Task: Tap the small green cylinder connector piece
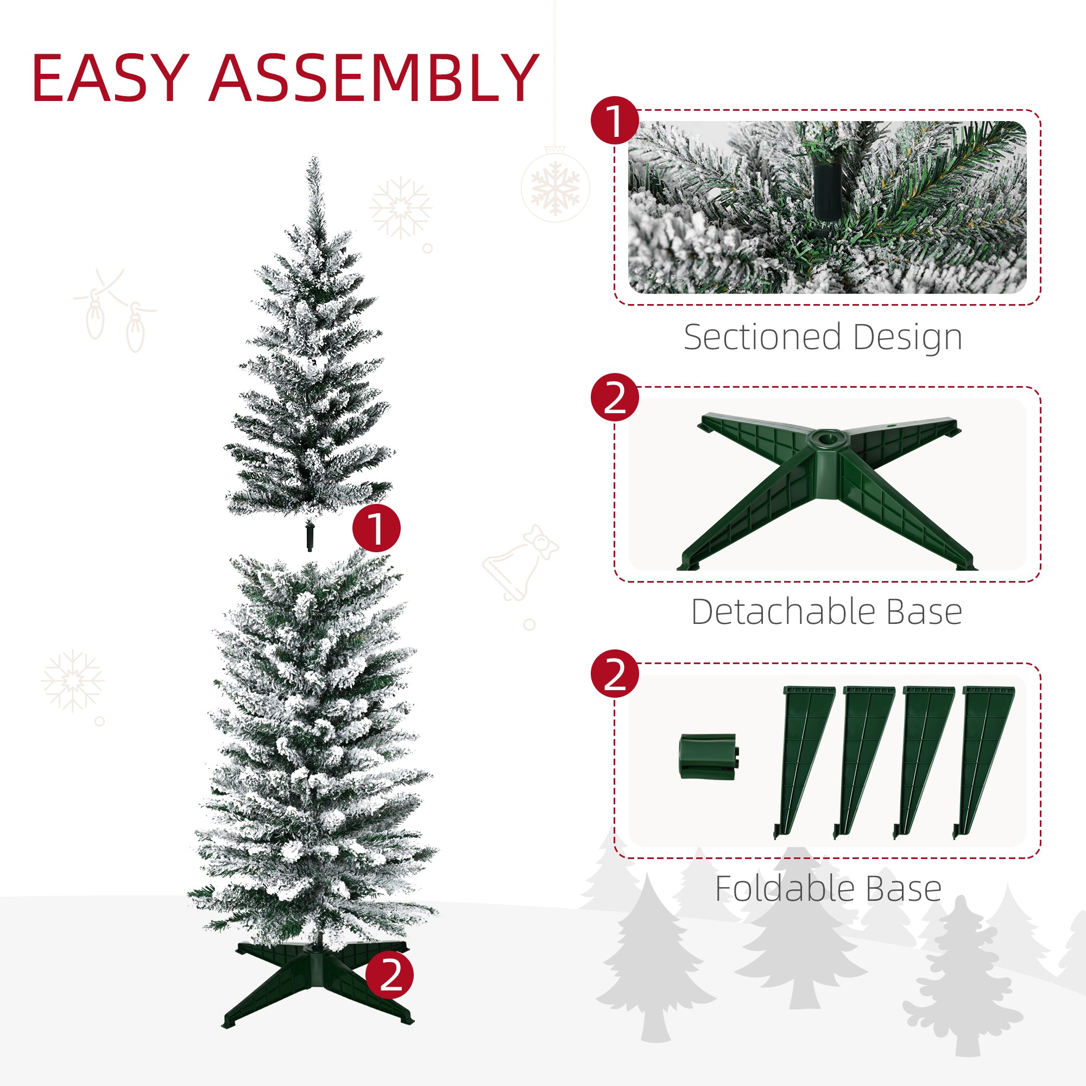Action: pyautogui.click(x=709, y=756)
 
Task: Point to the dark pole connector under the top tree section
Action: pyautogui.click(x=308, y=537)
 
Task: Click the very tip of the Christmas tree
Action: pyautogui.click(x=314, y=160)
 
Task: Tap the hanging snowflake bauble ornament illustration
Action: pyautogui.click(x=555, y=186)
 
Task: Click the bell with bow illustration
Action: pyautogui.click(x=521, y=562)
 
